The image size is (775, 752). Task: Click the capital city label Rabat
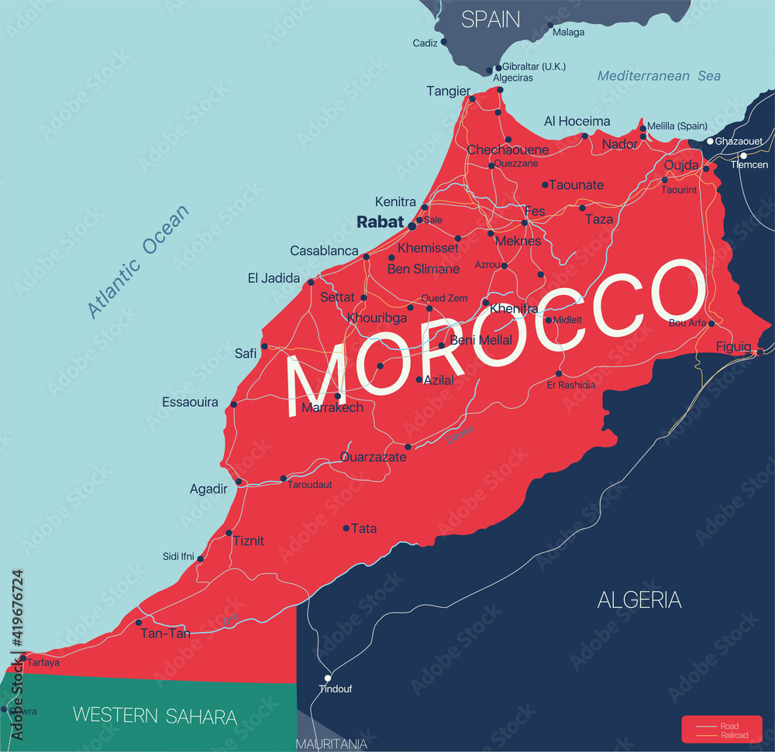(380, 221)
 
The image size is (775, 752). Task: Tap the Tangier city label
(448, 91)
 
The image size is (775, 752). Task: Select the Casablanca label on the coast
(324, 251)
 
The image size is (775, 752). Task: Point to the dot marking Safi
(264, 346)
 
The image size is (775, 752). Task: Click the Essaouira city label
(190, 402)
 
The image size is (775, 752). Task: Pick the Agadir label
(208, 489)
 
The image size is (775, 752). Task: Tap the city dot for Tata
(346, 528)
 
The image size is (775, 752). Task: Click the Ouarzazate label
(374, 457)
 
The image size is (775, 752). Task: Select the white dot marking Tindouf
(327, 678)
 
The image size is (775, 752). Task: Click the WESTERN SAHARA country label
(155, 716)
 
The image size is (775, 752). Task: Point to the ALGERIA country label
(639, 599)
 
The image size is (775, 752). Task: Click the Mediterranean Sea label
(659, 76)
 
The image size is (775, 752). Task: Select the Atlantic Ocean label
(137, 262)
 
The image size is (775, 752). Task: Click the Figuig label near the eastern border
(733, 346)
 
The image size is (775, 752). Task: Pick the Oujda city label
(681, 166)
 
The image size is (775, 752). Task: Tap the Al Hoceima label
(577, 122)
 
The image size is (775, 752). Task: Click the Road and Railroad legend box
(722, 730)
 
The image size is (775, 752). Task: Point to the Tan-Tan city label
(165, 633)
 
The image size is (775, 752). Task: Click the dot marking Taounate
(545, 184)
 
